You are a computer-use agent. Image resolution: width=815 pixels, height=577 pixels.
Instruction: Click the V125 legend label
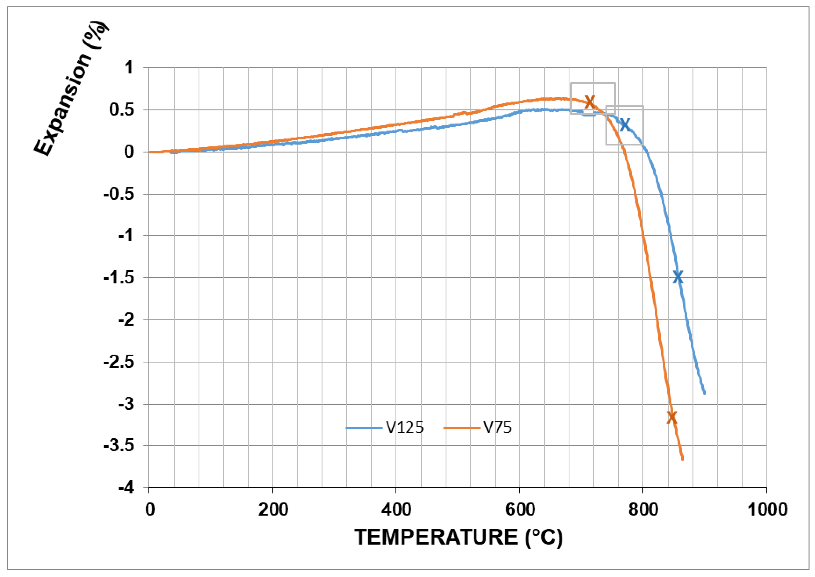(405, 427)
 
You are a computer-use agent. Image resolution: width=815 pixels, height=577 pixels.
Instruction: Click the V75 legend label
(497, 427)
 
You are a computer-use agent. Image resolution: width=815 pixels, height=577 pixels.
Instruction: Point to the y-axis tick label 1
(129, 67)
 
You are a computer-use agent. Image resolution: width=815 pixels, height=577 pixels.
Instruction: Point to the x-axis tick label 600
(520, 510)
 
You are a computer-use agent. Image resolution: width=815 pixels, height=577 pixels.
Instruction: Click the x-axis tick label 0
(150, 510)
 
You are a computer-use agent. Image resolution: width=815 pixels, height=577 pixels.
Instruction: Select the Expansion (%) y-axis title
(71, 89)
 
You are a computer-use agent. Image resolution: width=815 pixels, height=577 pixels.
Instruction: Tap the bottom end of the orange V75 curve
(682, 459)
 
